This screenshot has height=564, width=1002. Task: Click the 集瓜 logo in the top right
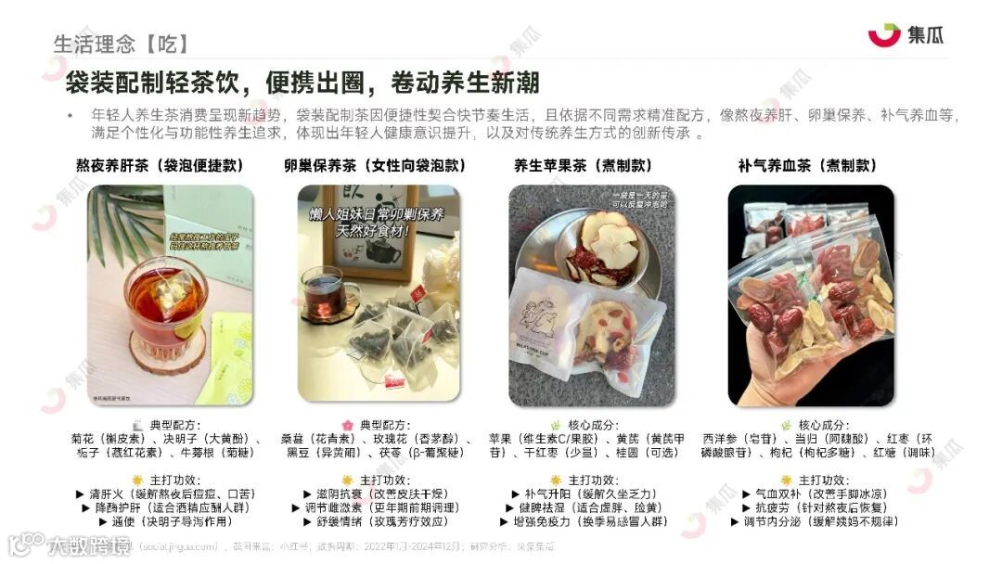[x=906, y=35]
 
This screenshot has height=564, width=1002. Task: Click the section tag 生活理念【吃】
[x=121, y=44]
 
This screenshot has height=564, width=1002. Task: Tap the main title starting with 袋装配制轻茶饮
[x=302, y=83]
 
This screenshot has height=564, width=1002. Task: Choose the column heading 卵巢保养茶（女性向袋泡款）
[x=374, y=166]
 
